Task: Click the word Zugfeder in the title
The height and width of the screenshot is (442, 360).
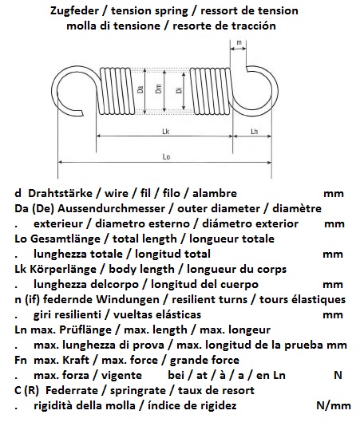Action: click(74, 11)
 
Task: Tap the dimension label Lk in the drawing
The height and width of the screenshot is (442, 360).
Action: click(165, 132)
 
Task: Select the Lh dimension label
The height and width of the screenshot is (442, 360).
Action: click(254, 132)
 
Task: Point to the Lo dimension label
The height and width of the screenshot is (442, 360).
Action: click(166, 156)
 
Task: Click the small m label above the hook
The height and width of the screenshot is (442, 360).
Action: click(239, 42)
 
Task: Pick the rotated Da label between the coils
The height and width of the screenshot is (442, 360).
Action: click(140, 89)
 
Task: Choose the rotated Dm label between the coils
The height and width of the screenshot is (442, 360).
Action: click(159, 89)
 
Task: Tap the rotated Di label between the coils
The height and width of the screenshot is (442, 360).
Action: click(179, 90)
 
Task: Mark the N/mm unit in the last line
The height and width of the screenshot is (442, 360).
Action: click(334, 405)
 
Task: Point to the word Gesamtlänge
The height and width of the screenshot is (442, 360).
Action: click(65, 239)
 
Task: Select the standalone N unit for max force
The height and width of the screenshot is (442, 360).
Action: click(338, 375)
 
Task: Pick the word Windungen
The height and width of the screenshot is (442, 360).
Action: click(128, 300)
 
